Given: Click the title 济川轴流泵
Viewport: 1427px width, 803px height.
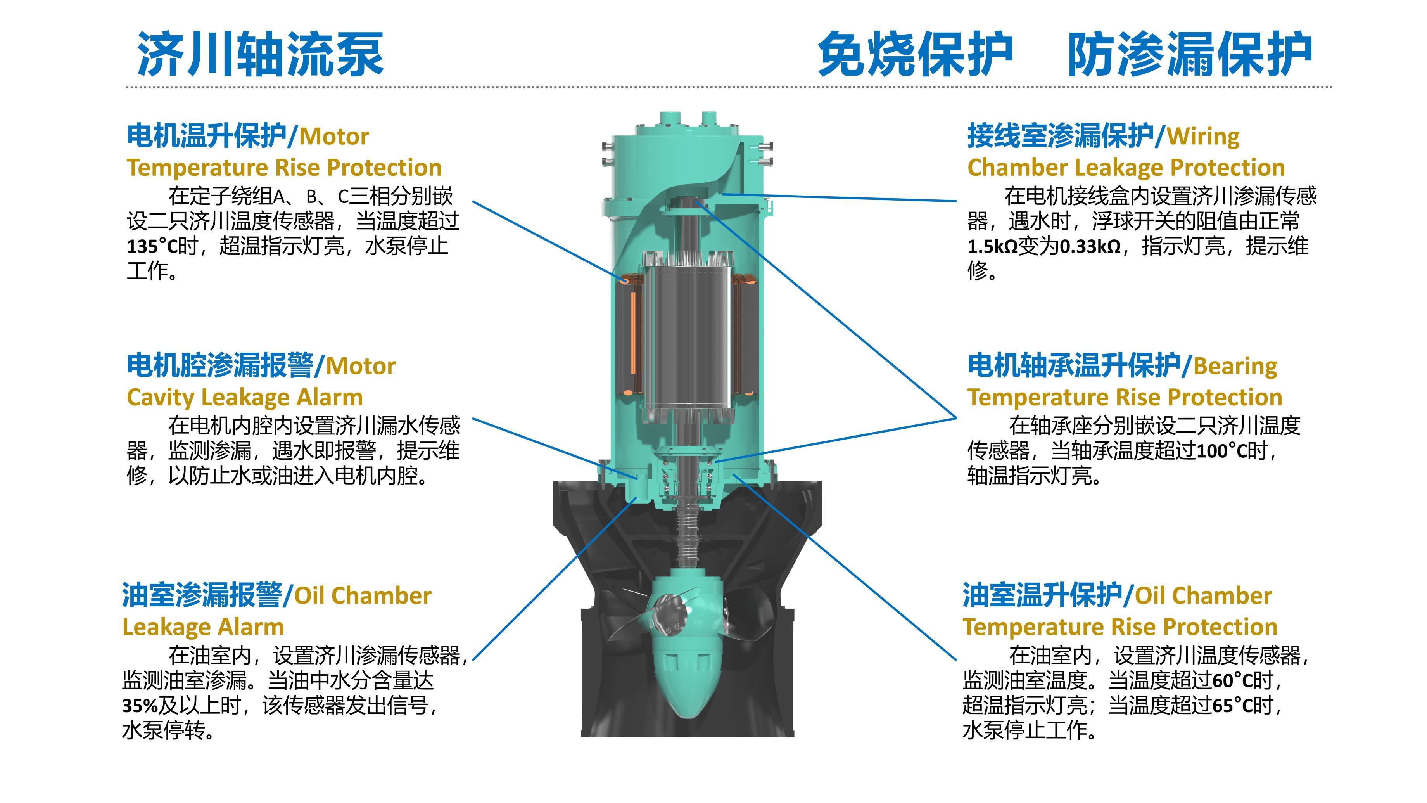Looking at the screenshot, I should click(x=260, y=54).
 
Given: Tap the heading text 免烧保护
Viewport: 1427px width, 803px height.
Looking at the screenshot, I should click(x=915, y=54).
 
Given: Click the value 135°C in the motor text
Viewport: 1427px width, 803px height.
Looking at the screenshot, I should click(x=151, y=246).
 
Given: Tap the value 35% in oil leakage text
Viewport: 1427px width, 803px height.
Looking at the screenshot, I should click(x=140, y=706).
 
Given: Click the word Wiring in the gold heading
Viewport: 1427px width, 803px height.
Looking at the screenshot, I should click(x=1203, y=136).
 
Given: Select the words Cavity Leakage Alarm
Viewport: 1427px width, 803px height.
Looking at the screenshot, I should click(x=244, y=397).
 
